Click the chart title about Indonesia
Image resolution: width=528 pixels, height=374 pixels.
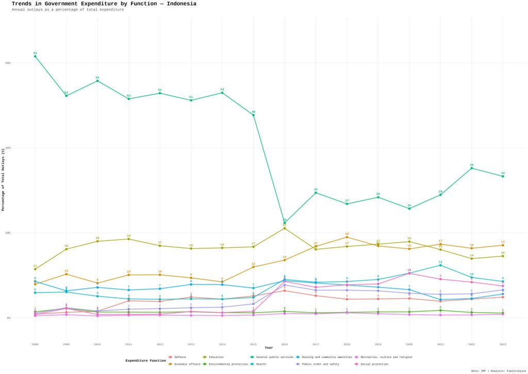[104, 4]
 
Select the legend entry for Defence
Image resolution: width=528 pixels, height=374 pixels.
[180, 357]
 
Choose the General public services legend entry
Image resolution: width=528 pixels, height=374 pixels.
[273, 357]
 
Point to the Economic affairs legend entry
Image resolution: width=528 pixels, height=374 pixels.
[187, 364]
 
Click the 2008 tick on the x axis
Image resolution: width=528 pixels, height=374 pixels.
[35, 344]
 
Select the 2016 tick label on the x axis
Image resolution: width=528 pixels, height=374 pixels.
[285, 344]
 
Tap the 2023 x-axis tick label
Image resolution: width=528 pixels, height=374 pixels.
[503, 344]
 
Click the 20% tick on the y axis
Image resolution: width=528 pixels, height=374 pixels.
[8, 233]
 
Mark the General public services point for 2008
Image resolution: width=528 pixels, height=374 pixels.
[35, 56]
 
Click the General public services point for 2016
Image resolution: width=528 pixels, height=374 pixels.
[285, 223]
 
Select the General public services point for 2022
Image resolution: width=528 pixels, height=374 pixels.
[471, 168]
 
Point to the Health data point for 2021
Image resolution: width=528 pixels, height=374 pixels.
[440, 265]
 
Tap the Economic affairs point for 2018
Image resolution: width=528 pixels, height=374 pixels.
[347, 237]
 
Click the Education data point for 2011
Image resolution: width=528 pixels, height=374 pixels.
[128, 239]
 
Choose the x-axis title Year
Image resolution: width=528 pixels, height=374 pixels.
[269, 348]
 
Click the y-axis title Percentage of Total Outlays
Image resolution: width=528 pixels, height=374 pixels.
[4, 179]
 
